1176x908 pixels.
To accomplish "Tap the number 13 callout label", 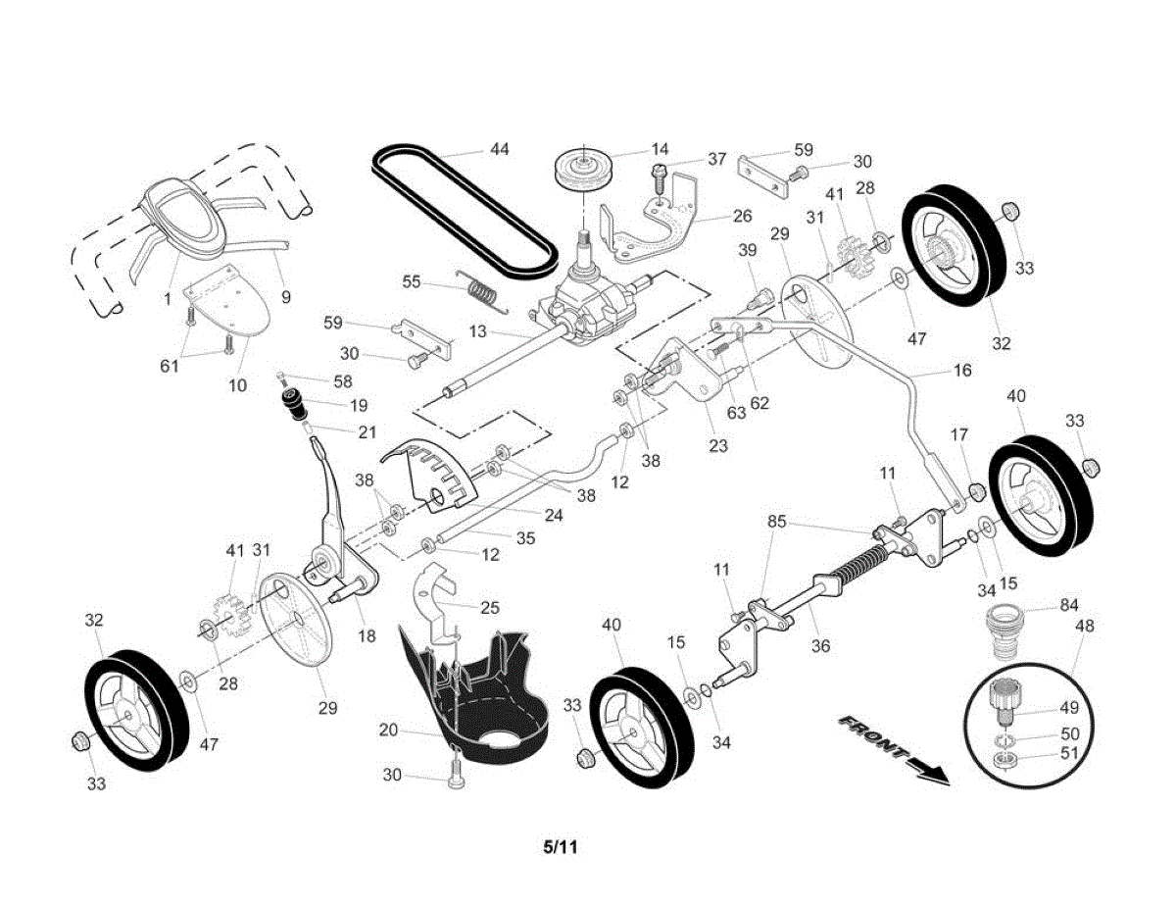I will coord(477,331).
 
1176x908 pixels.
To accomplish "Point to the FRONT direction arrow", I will coord(893,750).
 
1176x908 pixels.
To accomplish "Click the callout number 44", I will coord(500,149).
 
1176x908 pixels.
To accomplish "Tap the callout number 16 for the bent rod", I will coord(961,372).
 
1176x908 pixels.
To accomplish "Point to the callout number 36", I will coord(821,646).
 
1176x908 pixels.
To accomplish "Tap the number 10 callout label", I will coord(238,385).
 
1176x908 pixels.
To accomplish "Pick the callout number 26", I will coord(742,216).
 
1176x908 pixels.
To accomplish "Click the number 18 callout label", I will coord(366,636).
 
